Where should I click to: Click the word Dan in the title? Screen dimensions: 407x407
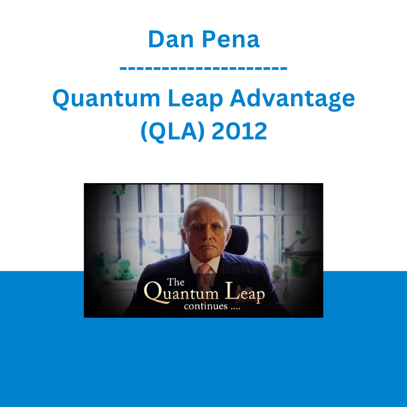click(171, 40)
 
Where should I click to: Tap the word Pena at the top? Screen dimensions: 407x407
click(231, 40)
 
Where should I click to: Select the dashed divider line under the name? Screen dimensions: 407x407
click(203, 68)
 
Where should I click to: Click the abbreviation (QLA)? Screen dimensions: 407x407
click(172, 131)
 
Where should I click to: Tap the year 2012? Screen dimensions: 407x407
click(239, 131)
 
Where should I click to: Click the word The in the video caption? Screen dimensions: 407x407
click(176, 282)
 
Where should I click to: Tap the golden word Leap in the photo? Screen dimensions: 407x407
click(245, 293)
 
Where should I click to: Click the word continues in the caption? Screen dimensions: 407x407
click(206, 306)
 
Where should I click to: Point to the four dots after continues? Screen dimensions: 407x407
click(236, 308)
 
